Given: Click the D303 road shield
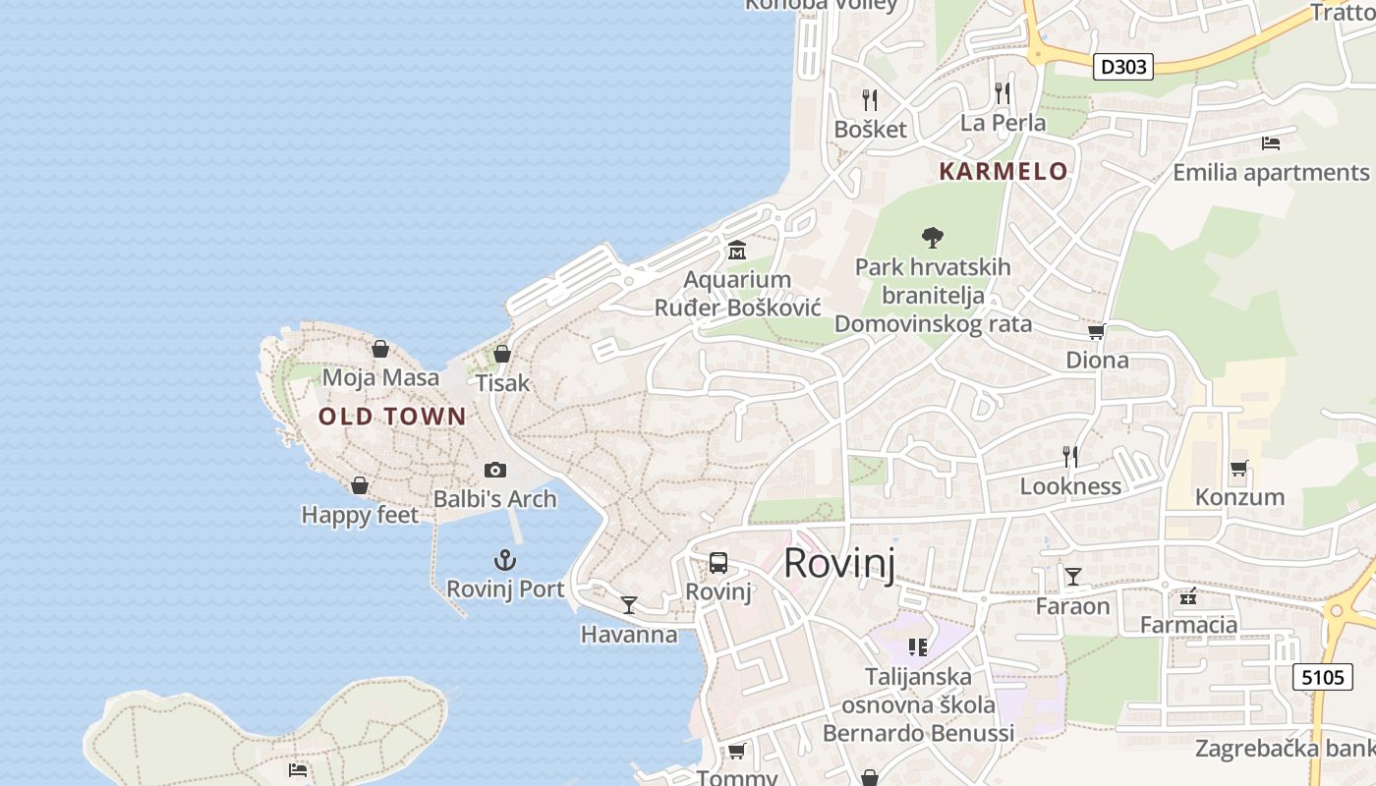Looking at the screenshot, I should tap(1122, 67).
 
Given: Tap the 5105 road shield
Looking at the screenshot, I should tap(1322, 676).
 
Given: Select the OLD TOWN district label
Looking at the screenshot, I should tap(392, 417).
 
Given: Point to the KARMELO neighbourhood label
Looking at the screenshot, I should tap(1003, 171).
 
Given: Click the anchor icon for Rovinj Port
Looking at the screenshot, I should tap(504, 561).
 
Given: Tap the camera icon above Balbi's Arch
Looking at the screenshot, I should tap(495, 471).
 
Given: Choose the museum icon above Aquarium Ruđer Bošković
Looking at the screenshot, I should tap(736, 251).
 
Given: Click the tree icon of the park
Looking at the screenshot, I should tap(933, 237).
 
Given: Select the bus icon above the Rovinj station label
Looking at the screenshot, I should tap(718, 563).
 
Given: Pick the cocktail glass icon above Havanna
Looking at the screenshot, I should tap(629, 605).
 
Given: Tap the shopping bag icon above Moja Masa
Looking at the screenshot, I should tap(380, 349).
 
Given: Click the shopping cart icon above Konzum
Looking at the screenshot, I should tap(1238, 469).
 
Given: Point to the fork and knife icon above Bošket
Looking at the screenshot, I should tap(869, 99).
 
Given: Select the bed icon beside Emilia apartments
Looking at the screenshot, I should tap(1270, 143).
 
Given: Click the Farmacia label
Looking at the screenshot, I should tap(1188, 624).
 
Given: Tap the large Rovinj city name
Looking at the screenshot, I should tap(838, 564).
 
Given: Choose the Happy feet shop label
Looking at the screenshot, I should tap(360, 515).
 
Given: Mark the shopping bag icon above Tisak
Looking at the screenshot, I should tap(502, 354).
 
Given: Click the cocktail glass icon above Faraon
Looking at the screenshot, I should tap(1072, 577).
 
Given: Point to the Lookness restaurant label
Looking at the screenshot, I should tap(1069, 486).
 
